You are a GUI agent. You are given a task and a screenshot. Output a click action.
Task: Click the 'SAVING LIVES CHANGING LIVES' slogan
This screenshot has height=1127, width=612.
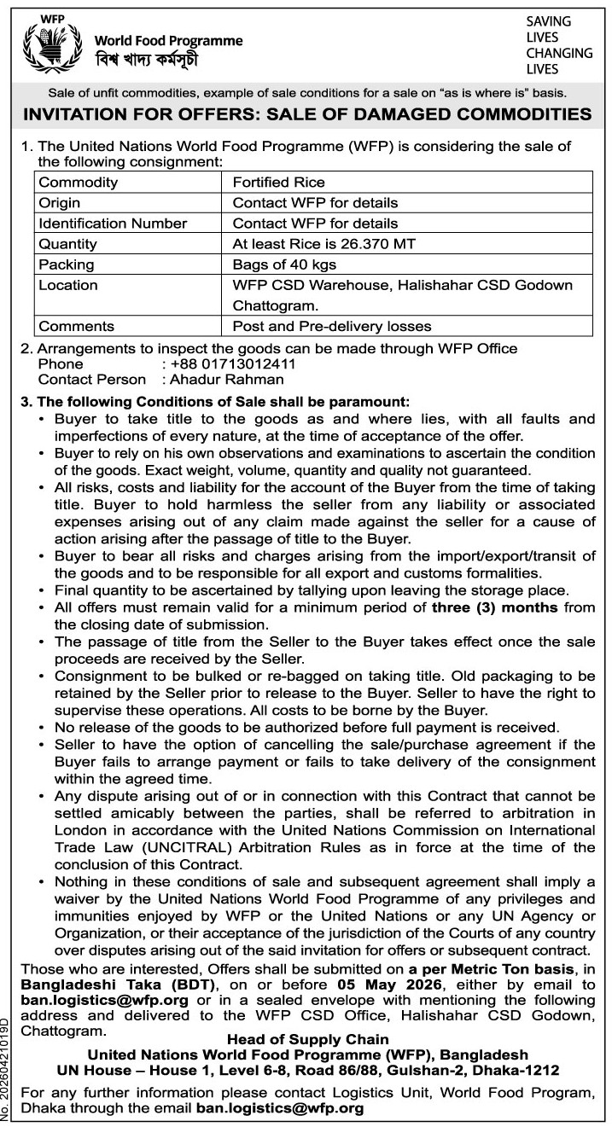pyautogui.click(x=559, y=44)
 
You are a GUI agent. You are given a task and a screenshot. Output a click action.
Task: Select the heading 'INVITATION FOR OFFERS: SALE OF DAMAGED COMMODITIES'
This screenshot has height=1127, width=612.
pyautogui.click(x=306, y=113)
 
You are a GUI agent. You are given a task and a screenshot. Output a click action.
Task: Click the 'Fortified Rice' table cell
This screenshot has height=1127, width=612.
pyautogui.click(x=278, y=182)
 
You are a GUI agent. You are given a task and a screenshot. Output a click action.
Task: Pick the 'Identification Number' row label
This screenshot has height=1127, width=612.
pyautogui.click(x=113, y=224)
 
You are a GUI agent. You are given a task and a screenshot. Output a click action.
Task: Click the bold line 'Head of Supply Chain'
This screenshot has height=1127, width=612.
pyautogui.click(x=307, y=1039)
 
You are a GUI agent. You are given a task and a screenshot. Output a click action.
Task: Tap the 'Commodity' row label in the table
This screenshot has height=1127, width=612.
pyautogui.click(x=79, y=182)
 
